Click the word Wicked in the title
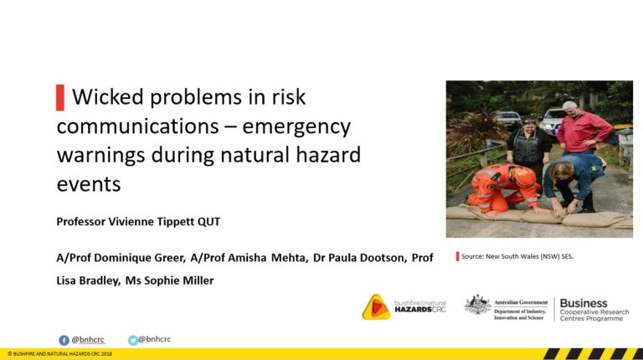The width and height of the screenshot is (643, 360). (x=108, y=97)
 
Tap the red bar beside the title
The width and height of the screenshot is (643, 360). (x=60, y=98)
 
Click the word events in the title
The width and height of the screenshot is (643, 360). (x=89, y=184)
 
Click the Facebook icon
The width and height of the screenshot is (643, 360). (x=64, y=340)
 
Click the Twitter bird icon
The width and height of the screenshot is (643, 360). (x=133, y=340)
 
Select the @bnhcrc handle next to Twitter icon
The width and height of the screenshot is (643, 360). (x=155, y=339)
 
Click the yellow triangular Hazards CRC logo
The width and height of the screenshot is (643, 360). (x=376, y=306)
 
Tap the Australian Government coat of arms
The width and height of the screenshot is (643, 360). (x=478, y=305)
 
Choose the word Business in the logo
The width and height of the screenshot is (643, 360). (x=584, y=303)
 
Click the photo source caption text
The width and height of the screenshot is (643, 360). (x=517, y=257)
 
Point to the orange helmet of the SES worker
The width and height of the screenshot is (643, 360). (x=524, y=177)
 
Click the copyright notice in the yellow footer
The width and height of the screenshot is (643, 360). (x=60, y=354)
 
